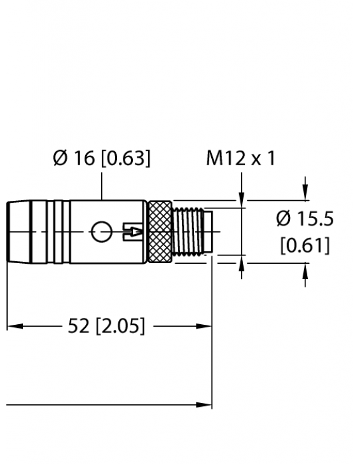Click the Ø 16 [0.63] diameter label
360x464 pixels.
tap(102, 158)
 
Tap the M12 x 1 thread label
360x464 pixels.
tap(240, 158)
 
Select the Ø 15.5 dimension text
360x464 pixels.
tap(305, 219)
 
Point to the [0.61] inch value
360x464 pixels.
tap(305, 245)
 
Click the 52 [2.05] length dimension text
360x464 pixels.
tap(106, 327)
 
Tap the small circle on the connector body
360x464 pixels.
tap(100, 233)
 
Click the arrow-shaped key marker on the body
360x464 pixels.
tap(132, 233)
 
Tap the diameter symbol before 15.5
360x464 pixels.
tap(284, 219)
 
